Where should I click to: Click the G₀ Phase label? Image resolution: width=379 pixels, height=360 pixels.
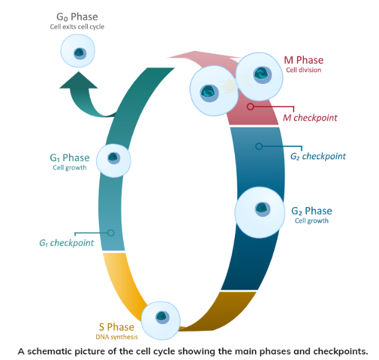(77, 16)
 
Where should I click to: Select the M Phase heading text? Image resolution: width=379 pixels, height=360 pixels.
(303, 60)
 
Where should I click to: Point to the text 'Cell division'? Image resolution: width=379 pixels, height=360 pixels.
(303, 70)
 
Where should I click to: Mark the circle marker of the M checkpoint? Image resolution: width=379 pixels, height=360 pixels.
(250, 106)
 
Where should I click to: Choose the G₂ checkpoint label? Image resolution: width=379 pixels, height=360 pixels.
(317, 156)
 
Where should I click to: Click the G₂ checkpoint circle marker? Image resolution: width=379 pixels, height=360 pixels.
(259, 146)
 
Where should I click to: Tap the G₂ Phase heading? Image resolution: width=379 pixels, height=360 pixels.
(311, 211)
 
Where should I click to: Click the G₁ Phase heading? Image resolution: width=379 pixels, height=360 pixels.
(70, 158)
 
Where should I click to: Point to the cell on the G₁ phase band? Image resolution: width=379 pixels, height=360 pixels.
(114, 160)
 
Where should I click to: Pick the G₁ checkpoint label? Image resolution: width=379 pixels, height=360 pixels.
(66, 243)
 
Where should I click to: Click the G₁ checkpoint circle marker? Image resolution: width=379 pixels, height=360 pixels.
(111, 233)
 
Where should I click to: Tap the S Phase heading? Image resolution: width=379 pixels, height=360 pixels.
(116, 327)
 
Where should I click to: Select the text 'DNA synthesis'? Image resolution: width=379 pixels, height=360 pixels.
(116, 337)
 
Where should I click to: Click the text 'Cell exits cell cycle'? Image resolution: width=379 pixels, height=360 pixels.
(77, 27)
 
